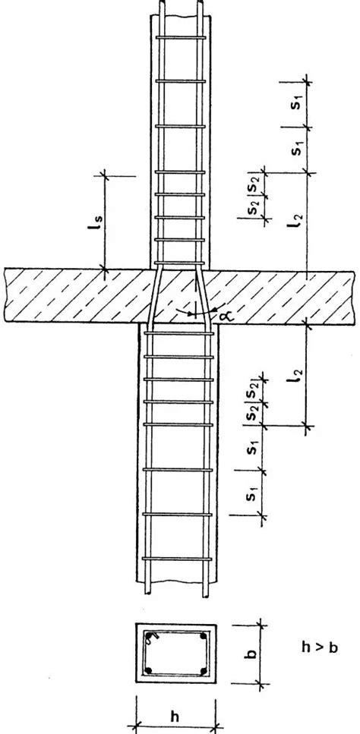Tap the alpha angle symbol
click(218, 317)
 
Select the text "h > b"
click(320, 648)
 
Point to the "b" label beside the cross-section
click(251, 653)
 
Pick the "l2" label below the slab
click(296, 375)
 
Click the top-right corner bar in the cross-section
click(204, 636)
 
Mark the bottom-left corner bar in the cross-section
click(148, 670)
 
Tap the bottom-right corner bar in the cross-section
click(204, 670)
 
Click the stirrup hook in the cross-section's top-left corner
click(149, 637)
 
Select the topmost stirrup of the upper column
click(181, 37)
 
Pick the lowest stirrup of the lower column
click(177, 559)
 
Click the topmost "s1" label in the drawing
click(296, 104)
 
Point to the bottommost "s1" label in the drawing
click(251, 494)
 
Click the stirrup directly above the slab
click(180, 263)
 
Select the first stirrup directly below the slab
click(178, 333)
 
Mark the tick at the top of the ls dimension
click(103, 175)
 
